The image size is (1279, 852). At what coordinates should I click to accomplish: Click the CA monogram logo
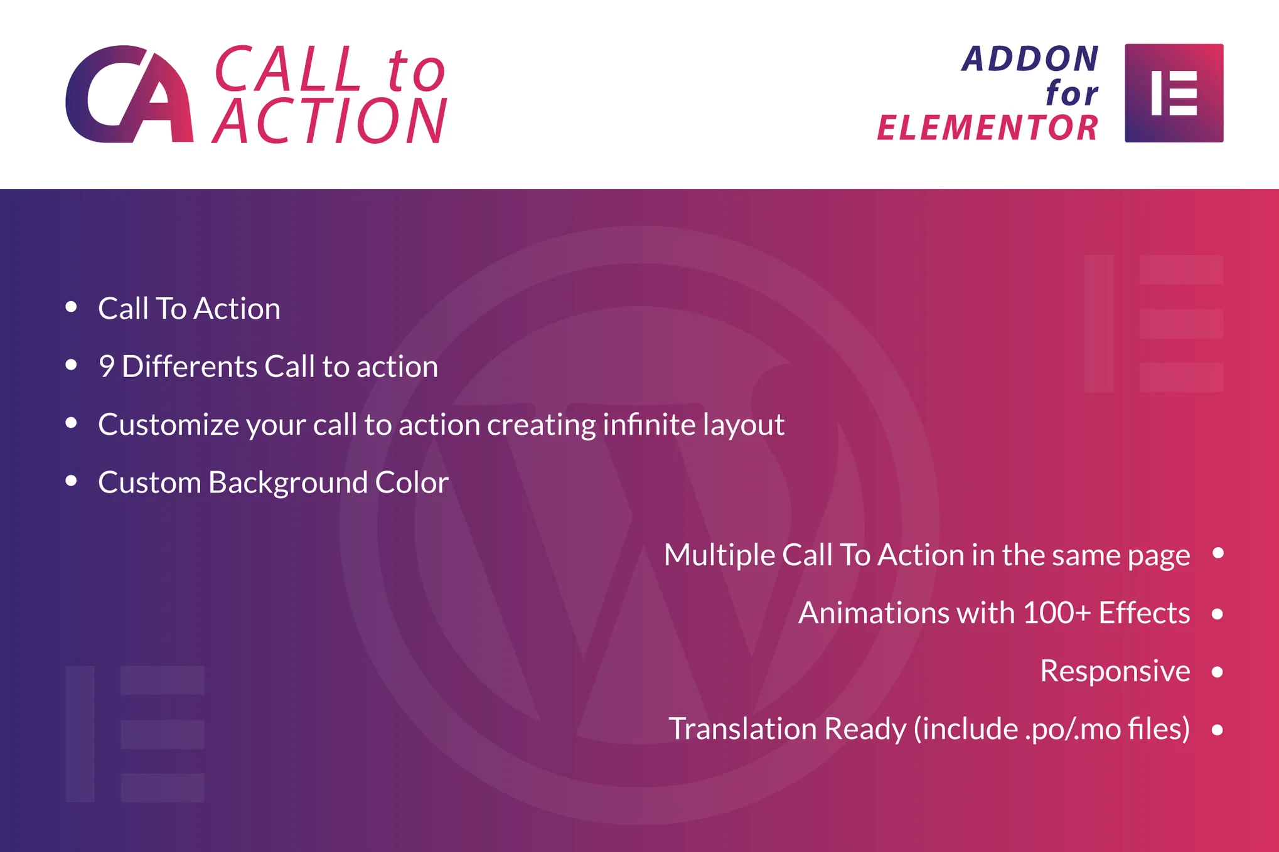[129, 94]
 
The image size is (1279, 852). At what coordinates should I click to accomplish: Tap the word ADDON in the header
[1030, 59]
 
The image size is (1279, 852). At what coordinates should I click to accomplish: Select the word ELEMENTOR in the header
[987, 128]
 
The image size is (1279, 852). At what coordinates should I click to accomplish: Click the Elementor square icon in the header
[1174, 93]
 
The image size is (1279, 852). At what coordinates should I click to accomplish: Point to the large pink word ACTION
[330, 120]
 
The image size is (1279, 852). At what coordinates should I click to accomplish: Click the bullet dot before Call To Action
[71, 307]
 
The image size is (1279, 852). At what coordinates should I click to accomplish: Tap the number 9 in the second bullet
[106, 366]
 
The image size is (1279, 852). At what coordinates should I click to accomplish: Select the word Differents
[189, 366]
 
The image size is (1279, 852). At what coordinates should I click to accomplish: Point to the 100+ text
[1057, 613]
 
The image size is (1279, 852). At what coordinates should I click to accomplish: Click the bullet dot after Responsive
[1217, 672]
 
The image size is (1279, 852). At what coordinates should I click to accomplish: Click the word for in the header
[1072, 93]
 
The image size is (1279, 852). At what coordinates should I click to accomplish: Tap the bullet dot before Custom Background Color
[71, 481]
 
